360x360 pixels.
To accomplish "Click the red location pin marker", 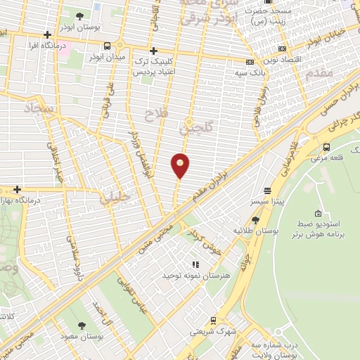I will (181, 165).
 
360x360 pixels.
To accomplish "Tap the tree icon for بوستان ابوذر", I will (79, 16).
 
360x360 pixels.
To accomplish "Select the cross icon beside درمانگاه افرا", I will (47, 34).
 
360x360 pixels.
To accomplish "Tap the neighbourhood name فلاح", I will (153, 113).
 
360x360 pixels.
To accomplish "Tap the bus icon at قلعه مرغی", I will (326, 147).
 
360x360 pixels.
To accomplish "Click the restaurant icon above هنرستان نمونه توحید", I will (195, 264).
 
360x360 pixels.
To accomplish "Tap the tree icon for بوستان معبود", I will (82, 325).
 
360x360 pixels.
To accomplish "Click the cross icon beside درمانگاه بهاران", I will (17, 189).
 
